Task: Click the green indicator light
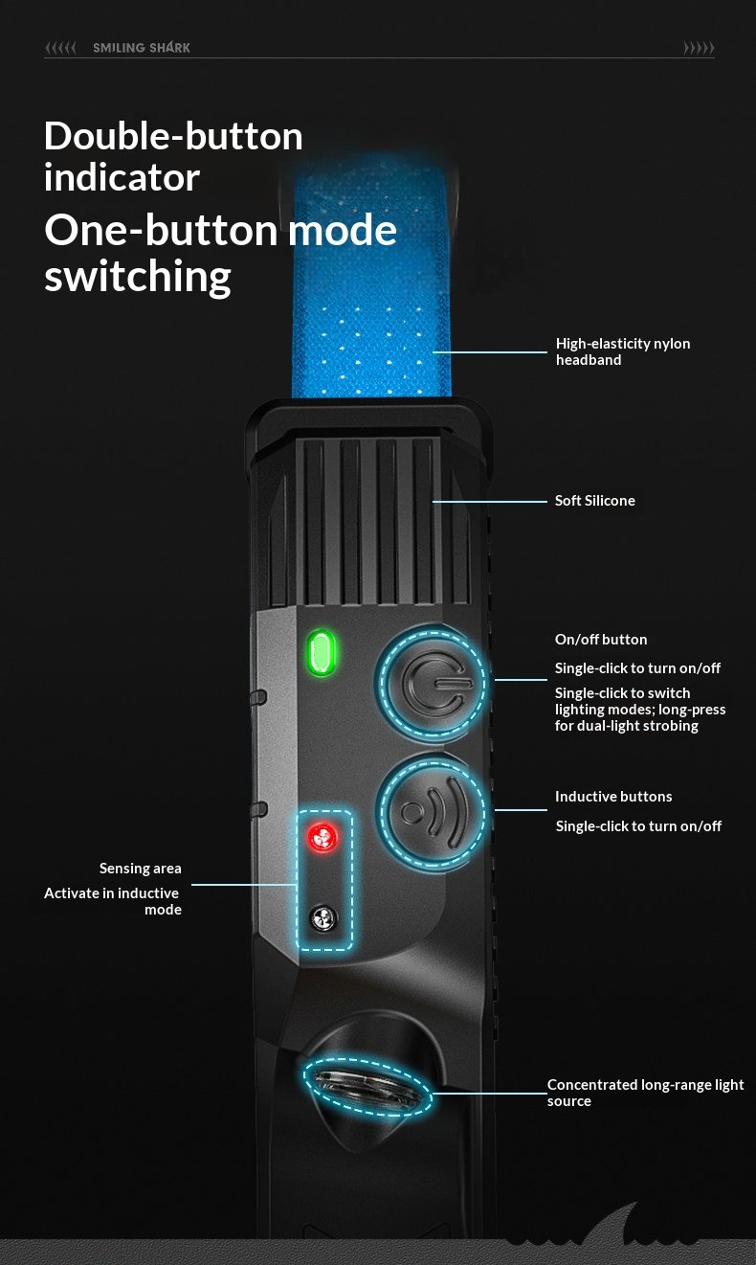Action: (x=321, y=653)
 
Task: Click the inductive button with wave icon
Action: (x=431, y=810)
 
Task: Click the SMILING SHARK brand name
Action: (x=142, y=48)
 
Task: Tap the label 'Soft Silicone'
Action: (x=594, y=501)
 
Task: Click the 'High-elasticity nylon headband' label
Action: (x=622, y=351)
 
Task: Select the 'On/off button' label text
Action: (x=601, y=640)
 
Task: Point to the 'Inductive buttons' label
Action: (x=613, y=797)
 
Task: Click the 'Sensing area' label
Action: (x=140, y=869)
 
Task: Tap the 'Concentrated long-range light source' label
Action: (x=645, y=1093)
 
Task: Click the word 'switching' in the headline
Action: (x=138, y=277)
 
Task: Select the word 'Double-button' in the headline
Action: (x=173, y=137)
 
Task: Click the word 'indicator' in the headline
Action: (x=122, y=178)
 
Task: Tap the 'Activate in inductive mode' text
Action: (x=113, y=901)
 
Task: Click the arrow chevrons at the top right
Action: (x=699, y=48)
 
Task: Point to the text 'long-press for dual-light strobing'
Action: (x=639, y=718)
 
